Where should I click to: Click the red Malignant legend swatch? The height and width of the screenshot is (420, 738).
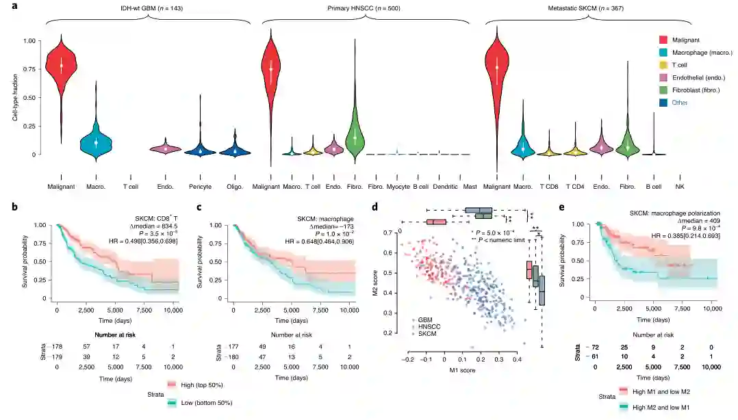tap(663, 40)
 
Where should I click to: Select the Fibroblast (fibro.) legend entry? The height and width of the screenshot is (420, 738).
tap(699, 90)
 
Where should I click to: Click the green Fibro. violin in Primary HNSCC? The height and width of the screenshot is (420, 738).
tap(355, 133)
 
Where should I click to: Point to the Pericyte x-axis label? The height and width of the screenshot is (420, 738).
tap(200, 187)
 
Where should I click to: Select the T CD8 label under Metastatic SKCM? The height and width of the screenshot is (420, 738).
tap(549, 187)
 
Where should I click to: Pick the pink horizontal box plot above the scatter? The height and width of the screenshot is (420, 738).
tap(436, 222)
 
